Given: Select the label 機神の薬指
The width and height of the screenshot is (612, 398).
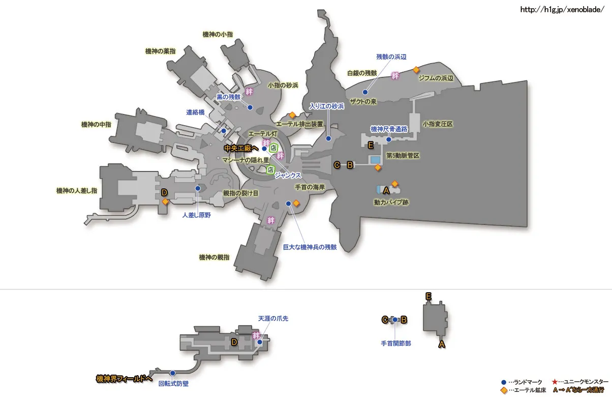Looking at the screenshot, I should (x=161, y=51).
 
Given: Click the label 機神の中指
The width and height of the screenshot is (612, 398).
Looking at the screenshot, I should (x=97, y=124).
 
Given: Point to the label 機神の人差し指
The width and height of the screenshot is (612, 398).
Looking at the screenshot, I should (x=76, y=191).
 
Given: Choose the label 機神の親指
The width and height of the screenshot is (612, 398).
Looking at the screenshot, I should (x=214, y=257).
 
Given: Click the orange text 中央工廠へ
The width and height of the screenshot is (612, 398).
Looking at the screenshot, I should (x=241, y=148).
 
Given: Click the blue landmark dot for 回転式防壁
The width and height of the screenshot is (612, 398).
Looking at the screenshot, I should (x=173, y=373).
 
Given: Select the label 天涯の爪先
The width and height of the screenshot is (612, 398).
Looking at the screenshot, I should (x=273, y=319).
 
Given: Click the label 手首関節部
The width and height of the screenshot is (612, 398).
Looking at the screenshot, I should (x=395, y=344).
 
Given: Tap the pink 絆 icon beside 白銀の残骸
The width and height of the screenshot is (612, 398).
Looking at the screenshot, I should (x=395, y=76).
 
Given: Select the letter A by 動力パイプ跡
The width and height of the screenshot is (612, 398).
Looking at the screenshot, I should (x=386, y=191).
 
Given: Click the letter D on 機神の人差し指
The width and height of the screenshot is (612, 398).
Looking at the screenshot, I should (x=164, y=192).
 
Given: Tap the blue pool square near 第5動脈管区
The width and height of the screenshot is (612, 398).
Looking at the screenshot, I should (x=376, y=160).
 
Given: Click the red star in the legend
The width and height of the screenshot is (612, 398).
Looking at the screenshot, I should (x=555, y=382).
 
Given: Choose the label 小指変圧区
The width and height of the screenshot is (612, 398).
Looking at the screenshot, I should (x=438, y=124).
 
